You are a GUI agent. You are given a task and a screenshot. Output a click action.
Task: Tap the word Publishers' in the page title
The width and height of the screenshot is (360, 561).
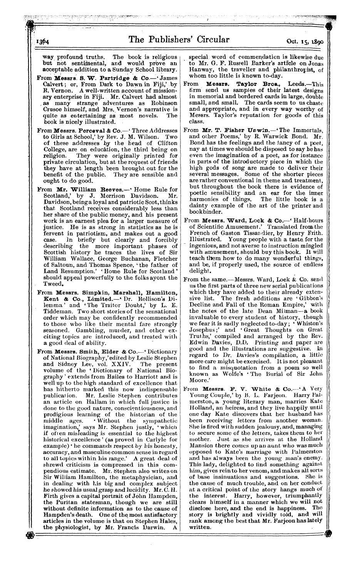(x=173, y=39)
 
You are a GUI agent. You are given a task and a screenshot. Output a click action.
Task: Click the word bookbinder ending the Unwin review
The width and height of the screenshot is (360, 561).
(x=204, y=212)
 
